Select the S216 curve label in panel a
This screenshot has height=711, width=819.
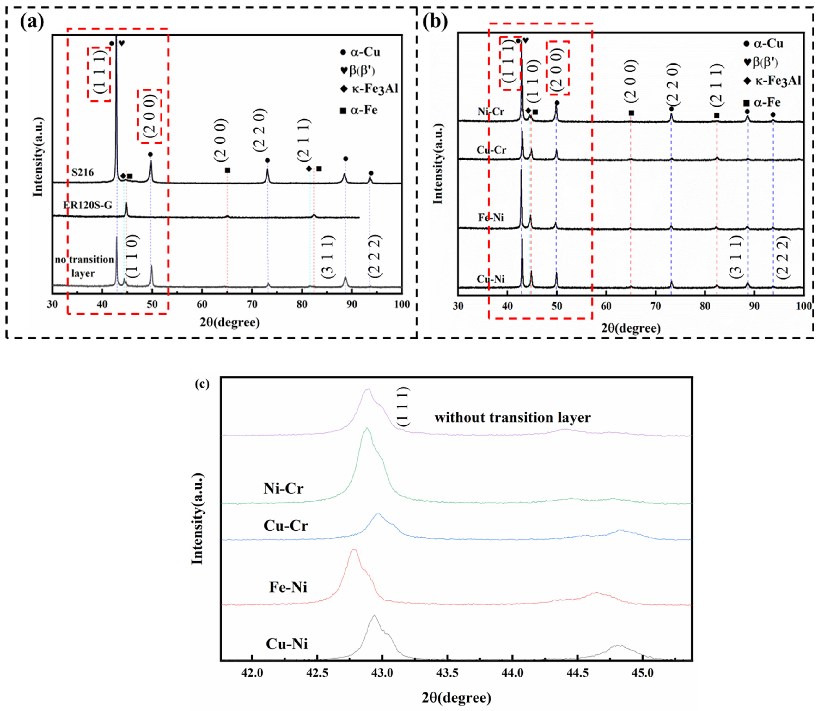pos(83,172)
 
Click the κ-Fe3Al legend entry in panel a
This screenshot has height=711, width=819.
pos(369,89)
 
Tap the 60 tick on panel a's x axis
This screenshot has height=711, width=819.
pos(202,304)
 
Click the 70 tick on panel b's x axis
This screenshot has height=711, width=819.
pos(655,306)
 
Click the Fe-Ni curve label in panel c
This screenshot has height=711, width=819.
pos(288,587)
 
